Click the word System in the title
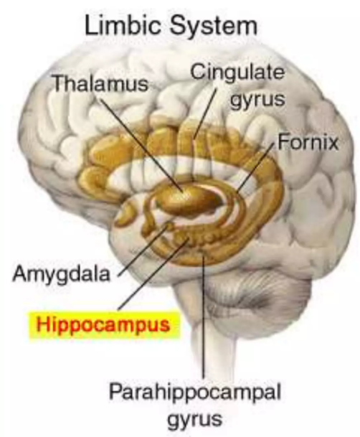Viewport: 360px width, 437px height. click(x=214, y=27)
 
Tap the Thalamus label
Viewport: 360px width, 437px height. click(x=100, y=83)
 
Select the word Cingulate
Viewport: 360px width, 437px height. click(x=238, y=72)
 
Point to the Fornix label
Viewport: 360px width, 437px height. click(x=308, y=142)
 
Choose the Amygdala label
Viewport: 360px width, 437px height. click(x=61, y=275)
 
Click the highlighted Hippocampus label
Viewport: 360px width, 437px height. click(x=103, y=324)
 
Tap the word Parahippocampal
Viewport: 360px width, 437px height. click(x=194, y=391)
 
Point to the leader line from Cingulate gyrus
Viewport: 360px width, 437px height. click(x=205, y=113)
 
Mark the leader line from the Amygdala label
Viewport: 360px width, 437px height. click(x=143, y=250)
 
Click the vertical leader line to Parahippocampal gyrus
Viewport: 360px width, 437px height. click(x=204, y=317)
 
